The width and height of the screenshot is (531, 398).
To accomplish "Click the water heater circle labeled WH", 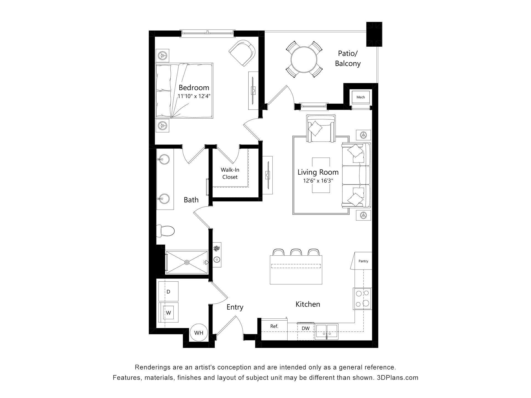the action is tap(199, 332).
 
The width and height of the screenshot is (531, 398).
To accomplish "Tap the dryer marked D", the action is tap(168, 292).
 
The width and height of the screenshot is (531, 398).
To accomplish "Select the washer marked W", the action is tap(168, 313).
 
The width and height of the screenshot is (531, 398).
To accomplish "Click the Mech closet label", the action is tap(361, 97).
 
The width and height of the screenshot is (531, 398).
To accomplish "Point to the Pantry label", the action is tap(363, 261).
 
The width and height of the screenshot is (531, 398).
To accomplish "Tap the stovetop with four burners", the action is tap(363, 299).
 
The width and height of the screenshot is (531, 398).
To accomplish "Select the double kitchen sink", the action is tap(327, 331).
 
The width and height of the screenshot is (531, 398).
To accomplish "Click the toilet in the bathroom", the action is tap(165, 231).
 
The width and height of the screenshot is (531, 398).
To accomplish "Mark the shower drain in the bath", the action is tap(187, 262).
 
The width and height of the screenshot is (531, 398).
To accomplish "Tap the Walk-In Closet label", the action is tap(230, 174).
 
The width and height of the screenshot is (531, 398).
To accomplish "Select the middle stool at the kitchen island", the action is tap(296, 252).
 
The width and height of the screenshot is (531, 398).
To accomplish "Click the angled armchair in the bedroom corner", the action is tap(242, 53).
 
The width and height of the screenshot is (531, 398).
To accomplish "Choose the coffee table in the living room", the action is tap(321, 175).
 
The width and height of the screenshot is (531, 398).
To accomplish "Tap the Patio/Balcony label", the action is tap(348, 58).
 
